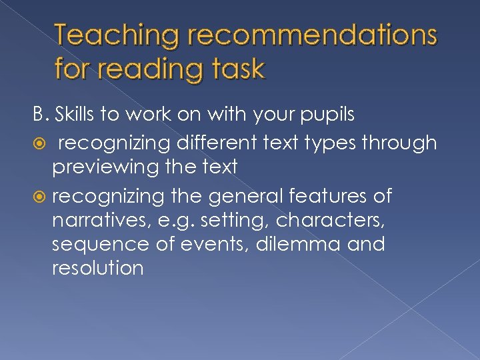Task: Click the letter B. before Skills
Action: (x=42, y=115)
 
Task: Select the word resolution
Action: (x=97, y=269)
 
